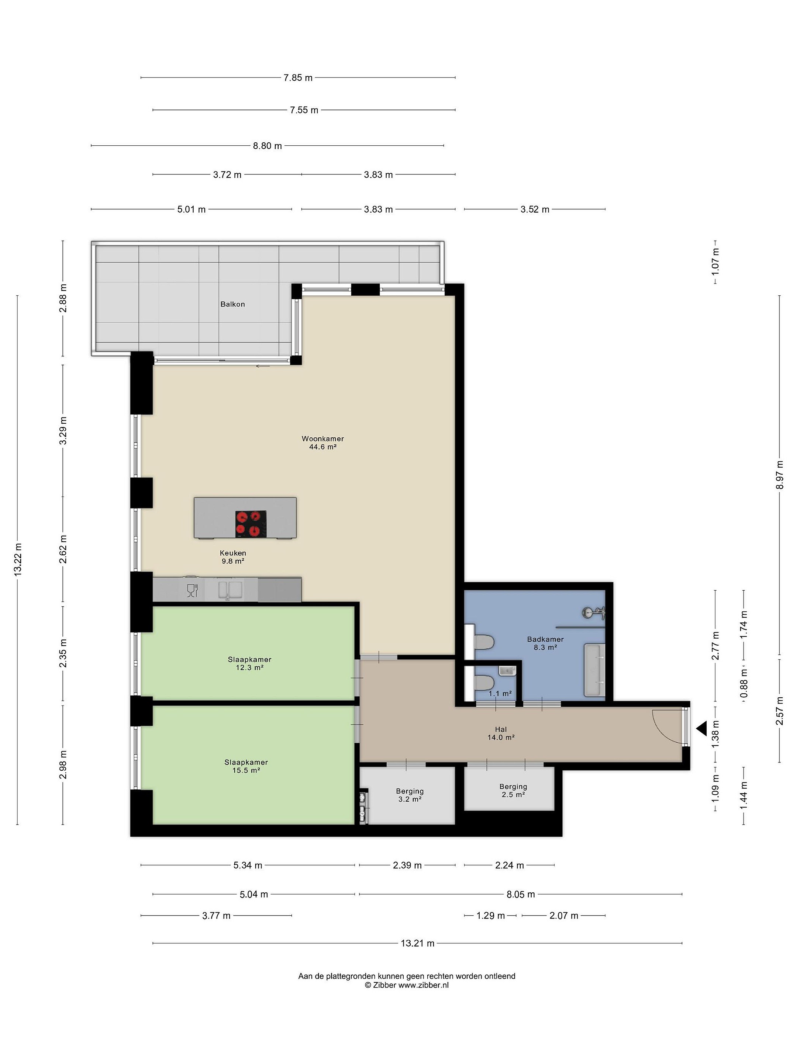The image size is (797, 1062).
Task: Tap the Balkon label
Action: point(232,304)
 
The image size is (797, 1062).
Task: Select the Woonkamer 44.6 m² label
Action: point(323,442)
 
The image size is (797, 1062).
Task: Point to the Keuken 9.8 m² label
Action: point(233,557)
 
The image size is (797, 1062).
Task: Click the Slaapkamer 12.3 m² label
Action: point(250,663)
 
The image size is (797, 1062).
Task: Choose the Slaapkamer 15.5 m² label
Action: point(246,766)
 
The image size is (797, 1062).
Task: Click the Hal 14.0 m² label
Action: point(501,733)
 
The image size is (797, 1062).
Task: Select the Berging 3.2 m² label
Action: point(410,795)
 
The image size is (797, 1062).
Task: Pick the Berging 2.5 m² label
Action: point(513,790)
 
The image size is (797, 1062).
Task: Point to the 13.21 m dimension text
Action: point(417,943)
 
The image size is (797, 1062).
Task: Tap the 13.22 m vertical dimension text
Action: point(18,559)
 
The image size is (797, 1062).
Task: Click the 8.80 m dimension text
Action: point(268,146)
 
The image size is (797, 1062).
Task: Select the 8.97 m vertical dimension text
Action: point(779,475)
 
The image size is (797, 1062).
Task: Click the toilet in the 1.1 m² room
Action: point(484,682)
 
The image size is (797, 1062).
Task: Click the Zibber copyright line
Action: point(406,984)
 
